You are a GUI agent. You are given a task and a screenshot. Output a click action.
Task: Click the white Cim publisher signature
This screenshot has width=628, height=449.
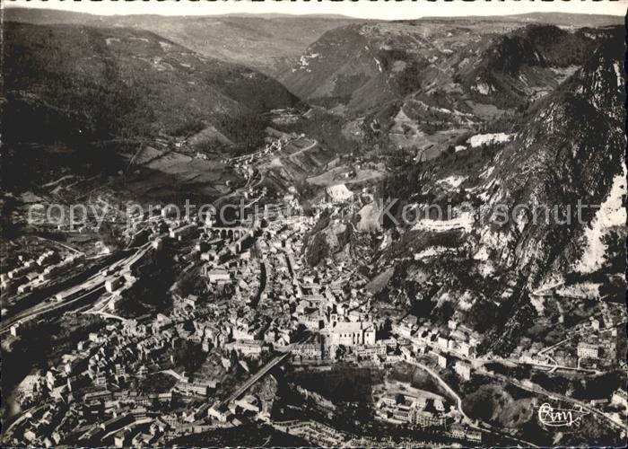(560, 415)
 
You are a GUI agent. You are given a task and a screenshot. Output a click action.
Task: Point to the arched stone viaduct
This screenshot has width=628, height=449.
(228, 233)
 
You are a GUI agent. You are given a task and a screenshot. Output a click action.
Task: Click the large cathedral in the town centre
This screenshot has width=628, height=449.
(349, 332)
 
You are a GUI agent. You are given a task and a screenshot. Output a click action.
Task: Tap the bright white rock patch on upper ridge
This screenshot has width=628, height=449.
(489, 139)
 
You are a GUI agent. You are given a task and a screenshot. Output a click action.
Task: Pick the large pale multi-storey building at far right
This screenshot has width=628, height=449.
(588, 349)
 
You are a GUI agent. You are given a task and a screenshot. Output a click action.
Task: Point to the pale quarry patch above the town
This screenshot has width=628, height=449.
(339, 191)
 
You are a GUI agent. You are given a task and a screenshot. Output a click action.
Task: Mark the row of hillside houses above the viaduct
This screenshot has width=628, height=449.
(260, 153)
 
